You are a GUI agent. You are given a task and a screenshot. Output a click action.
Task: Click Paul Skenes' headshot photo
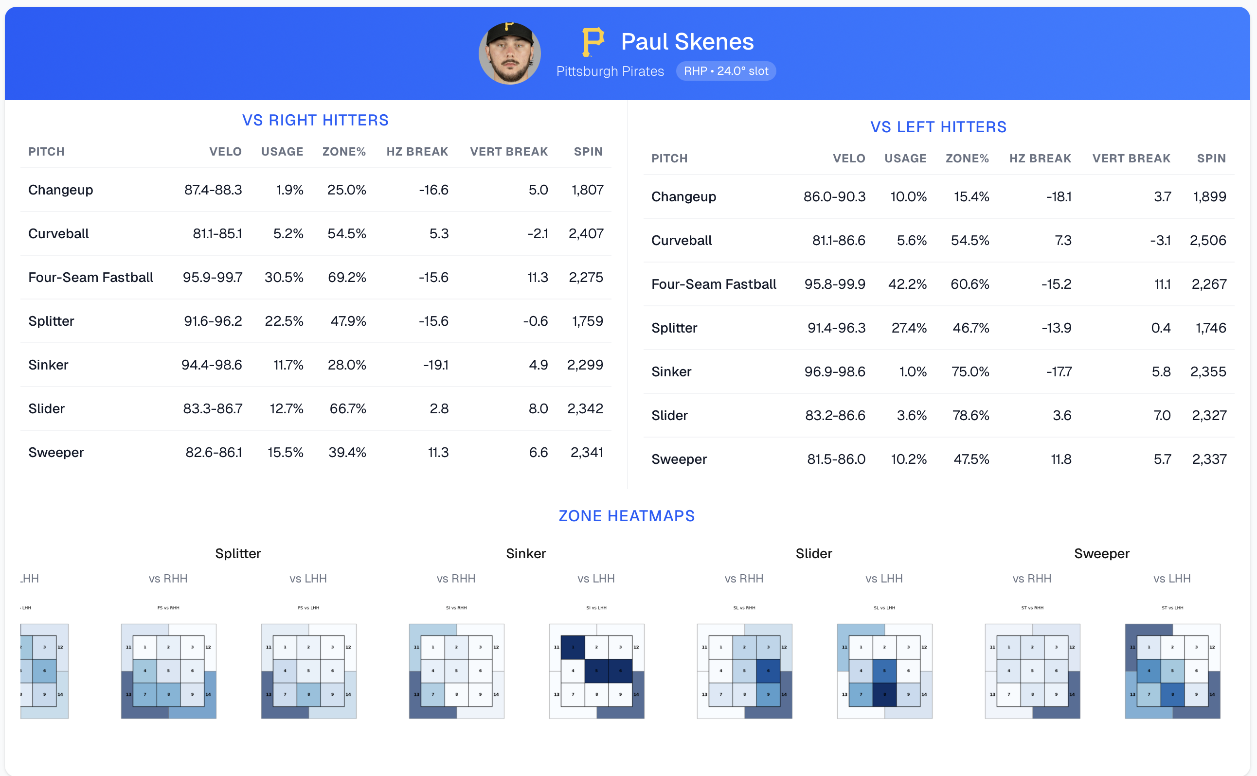coord(509,53)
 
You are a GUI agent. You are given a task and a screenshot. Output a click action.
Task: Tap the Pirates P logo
coord(593,42)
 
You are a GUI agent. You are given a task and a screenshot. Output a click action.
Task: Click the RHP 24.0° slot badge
coord(726,71)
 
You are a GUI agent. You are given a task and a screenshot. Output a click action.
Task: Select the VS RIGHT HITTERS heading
coord(315,120)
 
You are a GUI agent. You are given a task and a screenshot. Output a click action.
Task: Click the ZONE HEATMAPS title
coord(627,516)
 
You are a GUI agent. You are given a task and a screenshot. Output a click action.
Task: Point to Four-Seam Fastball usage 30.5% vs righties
coord(284,277)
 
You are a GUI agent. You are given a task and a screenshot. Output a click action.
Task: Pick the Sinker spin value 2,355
coord(1208,371)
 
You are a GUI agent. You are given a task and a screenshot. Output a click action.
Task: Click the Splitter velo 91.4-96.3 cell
coord(836,328)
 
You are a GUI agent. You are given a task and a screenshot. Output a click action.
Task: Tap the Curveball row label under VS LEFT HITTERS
coord(682,240)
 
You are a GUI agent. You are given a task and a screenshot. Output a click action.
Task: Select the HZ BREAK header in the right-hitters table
coord(417,151)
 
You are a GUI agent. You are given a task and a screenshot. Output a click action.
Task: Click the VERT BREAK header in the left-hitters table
coord(1131,158)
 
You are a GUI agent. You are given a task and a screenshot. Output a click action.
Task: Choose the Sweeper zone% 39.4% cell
coord(347,452)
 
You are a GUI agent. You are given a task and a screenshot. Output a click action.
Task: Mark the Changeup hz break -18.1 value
coord(1059,196)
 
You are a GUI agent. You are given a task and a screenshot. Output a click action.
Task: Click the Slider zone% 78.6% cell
coord(970,415)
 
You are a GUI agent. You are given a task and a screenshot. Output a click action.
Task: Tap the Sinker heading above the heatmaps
coord(526,553)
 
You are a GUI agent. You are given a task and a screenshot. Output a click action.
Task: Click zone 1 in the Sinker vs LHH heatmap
coord(573,647)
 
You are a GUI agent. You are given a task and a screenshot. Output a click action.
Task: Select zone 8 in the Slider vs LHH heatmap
coord(884,694)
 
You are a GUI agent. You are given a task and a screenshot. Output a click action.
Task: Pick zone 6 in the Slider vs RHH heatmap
coord(768,671)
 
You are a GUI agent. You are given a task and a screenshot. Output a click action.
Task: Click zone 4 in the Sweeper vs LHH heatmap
coord(1149,671)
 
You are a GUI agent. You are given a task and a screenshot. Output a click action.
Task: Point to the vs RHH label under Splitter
coord(168,579)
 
